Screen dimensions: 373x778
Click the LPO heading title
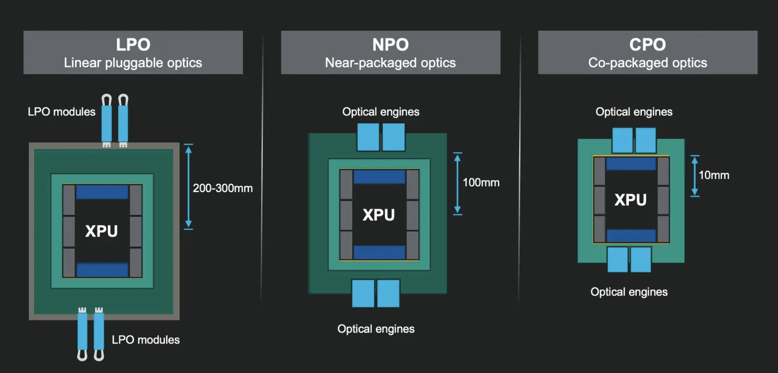[x=133, y=44]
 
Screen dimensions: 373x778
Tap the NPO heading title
[x=390, y=44]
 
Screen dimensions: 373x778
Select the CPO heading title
[x=647, y=44]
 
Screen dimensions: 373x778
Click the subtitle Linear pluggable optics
[x=133, y=63]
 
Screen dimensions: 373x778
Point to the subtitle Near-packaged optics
[x=390, y=63]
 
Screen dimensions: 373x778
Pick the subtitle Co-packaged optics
[x=647, y=63]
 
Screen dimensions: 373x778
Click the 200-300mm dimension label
[x=222, y=188]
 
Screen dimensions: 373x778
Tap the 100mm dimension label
[x=481, y=182]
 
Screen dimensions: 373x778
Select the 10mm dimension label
[x=714, y=175]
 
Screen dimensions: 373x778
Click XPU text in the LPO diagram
[x=102, y=231]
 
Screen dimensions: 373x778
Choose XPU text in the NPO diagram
[x=378, y=214]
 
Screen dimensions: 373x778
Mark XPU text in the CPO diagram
[x=630, y=200]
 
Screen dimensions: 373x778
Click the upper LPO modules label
[x=61, y=111]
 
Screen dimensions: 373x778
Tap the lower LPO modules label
[x=146, y=339]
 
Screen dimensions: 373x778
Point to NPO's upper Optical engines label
[x=381, y=112]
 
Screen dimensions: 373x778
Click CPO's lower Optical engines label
[x=629, y=292]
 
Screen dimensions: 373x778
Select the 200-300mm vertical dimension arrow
[x=188, y=186]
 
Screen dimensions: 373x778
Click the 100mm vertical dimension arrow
[x=458, y=183]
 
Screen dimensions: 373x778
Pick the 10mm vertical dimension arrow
[x=695, y=176]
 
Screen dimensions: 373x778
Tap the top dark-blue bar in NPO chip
[x=379, y=177]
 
